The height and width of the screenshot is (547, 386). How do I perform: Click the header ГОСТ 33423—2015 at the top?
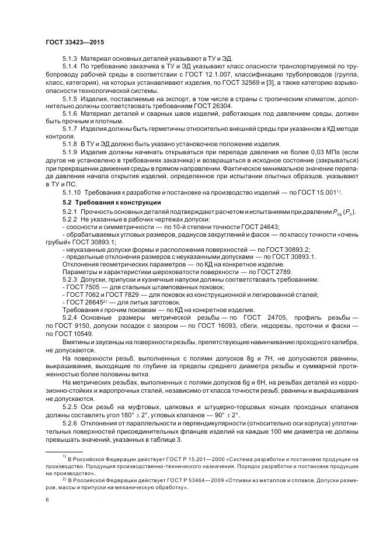click(75, 43)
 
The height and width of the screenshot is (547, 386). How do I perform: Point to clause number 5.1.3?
click(70, 60)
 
